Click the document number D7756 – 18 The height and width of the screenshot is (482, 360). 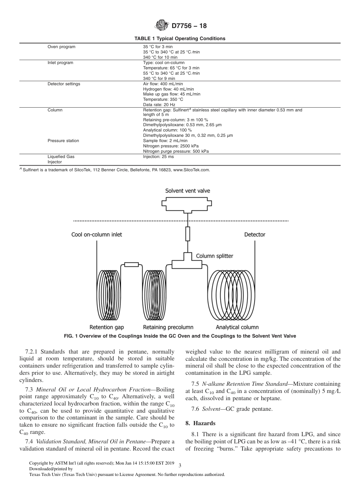189,26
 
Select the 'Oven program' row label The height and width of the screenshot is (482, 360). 61,47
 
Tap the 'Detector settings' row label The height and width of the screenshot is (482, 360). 64,84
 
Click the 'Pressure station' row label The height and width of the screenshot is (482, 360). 63,141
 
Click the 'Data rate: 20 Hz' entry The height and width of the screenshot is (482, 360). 159,105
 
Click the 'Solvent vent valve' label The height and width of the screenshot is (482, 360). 187,191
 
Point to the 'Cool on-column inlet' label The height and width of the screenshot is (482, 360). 97,235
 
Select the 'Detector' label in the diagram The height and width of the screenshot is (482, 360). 255,235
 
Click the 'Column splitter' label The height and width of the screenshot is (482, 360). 214,256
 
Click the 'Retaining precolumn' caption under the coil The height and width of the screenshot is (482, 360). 168,327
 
